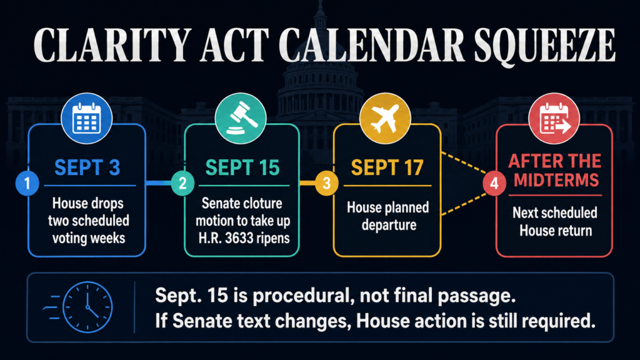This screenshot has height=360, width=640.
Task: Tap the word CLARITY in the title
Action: click(112, 45)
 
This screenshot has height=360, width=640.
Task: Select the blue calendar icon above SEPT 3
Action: click(86, 118)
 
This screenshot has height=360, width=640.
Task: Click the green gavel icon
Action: click(241, 118)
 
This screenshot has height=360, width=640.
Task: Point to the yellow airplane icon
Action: click(385, 118)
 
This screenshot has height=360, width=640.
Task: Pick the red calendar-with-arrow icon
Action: click(554, 118)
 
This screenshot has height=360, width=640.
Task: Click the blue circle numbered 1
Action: click(27, 183)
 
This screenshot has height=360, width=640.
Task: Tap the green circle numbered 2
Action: click(182, 183)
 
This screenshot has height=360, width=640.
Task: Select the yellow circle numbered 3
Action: click(326, 183)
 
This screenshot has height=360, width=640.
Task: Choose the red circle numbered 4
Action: click(494, 183)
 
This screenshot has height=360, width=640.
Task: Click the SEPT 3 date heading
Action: click(87, 167)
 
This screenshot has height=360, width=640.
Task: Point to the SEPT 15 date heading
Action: click(242, 167)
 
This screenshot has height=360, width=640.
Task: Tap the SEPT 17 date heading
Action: click(387, 167)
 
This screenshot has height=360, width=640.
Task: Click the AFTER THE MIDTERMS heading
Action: click(555, 170)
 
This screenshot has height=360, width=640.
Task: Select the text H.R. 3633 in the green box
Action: click(222, 238)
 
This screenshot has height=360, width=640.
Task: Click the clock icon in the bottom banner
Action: click(87, 307)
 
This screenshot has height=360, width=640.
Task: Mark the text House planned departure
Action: click(388, 216)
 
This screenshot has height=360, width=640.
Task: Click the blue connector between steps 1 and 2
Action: click(158, 183)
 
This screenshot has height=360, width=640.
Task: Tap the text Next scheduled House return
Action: click(555, 221)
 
